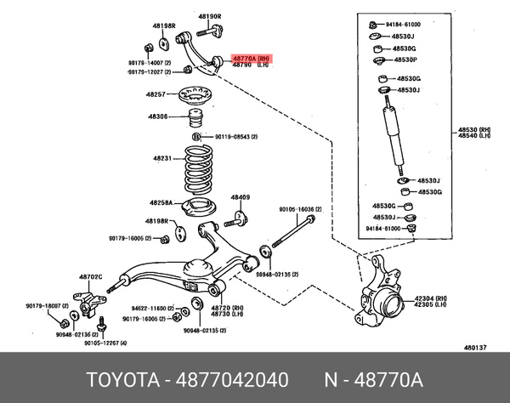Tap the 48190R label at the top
click(x=209, y=16)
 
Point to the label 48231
click(x=162, y=158)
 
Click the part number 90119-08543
click(x=236, y=136)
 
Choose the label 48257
click(x=155, y=94)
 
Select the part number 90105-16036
click(x=302, y=208)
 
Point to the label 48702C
click(x=91, y=277)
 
